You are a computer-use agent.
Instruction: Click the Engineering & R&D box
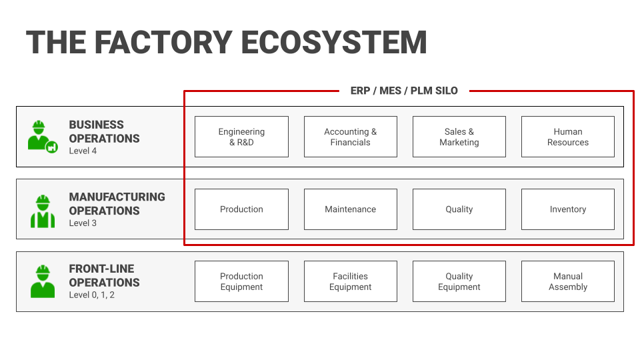[241, 137]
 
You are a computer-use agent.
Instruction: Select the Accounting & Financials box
[350, 137]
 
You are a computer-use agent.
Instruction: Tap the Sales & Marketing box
[459, 137]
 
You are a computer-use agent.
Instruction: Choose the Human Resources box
[567, 137]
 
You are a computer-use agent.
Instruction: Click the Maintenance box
[350, 209]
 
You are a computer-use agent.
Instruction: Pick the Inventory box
[567, 209]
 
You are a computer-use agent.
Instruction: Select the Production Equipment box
[241, 281]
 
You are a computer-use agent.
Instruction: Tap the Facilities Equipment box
[350, 281]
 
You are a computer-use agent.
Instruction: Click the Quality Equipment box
[459, 281]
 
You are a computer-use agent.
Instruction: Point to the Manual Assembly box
[567, 281]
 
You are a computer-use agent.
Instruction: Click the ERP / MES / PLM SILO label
[404, 91]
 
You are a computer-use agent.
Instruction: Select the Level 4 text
[83, 151]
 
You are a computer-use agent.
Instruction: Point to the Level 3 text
[83, 223]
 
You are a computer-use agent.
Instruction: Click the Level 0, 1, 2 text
[91, 295]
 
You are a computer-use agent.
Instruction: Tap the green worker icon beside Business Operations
[42, 136]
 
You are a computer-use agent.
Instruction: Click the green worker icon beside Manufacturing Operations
[43, 211]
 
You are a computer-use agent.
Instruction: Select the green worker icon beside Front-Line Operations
[43, 281]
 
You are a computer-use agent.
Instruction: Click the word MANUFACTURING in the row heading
[117, 197]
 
